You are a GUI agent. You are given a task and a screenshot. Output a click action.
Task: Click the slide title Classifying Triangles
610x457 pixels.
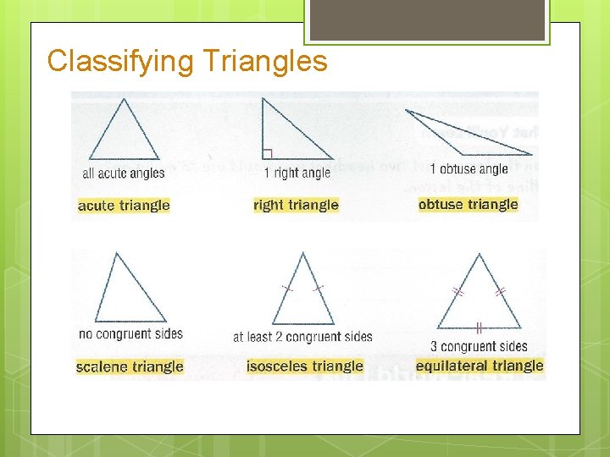187,61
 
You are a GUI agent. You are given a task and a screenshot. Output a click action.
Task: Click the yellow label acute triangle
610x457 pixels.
124,206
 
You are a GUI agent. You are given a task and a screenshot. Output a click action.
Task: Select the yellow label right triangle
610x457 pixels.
296,205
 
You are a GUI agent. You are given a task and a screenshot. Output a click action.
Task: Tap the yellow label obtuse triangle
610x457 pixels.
468,204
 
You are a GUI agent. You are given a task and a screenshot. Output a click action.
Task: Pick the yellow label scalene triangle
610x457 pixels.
130,366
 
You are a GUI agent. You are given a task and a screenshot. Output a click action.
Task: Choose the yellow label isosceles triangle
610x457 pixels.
305,366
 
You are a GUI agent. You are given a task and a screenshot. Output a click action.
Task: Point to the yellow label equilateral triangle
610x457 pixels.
480,366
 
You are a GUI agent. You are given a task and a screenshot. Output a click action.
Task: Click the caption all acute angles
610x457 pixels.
124,173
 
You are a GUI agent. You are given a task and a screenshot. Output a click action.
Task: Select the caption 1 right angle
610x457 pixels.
297,173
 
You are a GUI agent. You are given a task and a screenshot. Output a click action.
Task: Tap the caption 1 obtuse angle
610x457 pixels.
469,169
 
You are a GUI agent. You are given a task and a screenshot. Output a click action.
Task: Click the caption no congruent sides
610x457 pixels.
130,334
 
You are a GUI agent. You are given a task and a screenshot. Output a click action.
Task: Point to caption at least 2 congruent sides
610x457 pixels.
302,337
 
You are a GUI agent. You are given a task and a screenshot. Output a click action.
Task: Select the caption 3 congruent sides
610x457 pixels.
480,346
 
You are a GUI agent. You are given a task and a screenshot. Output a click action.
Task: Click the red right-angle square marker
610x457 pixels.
267,154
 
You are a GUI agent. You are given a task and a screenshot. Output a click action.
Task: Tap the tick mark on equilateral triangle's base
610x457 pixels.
479,328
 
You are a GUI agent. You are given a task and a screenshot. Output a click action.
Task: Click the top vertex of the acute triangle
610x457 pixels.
125,99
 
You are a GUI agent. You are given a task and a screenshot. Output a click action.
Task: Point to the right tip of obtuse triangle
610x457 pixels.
532,154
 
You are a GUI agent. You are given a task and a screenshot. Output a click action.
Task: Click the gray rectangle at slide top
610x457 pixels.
427,19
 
